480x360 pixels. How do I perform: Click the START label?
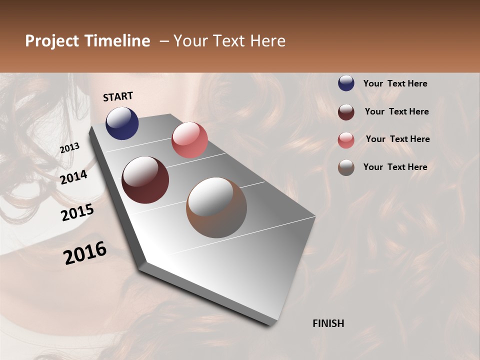[x=118, y=96]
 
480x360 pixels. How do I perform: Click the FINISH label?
[x=328, y=323]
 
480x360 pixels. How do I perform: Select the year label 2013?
[x=69, y=148]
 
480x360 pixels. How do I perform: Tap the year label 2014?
[x=73, y=177]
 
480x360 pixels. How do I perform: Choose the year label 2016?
[x=85, y=253]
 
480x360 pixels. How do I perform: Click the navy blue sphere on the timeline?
[x=122, y=123]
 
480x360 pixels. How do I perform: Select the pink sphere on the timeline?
[x=189, y=140]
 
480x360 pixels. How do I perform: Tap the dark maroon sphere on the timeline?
[x=145, y=180]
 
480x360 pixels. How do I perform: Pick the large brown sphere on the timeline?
[x=216, y=207]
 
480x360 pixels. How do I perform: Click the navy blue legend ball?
[x=346, y=83]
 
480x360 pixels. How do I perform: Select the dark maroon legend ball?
[x=346, y=111]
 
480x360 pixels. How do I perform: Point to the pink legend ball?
[x=346, y=139]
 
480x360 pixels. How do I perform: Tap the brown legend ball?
[x=346, y=167]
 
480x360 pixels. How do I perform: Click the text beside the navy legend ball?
[x=395, y=83]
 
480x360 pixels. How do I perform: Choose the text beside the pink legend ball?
[x=397, y=139]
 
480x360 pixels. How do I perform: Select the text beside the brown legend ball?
[x=395, y=167]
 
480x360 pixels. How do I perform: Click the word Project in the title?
[x=51, y=41]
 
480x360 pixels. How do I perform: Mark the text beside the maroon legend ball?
[x=396, y=111]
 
